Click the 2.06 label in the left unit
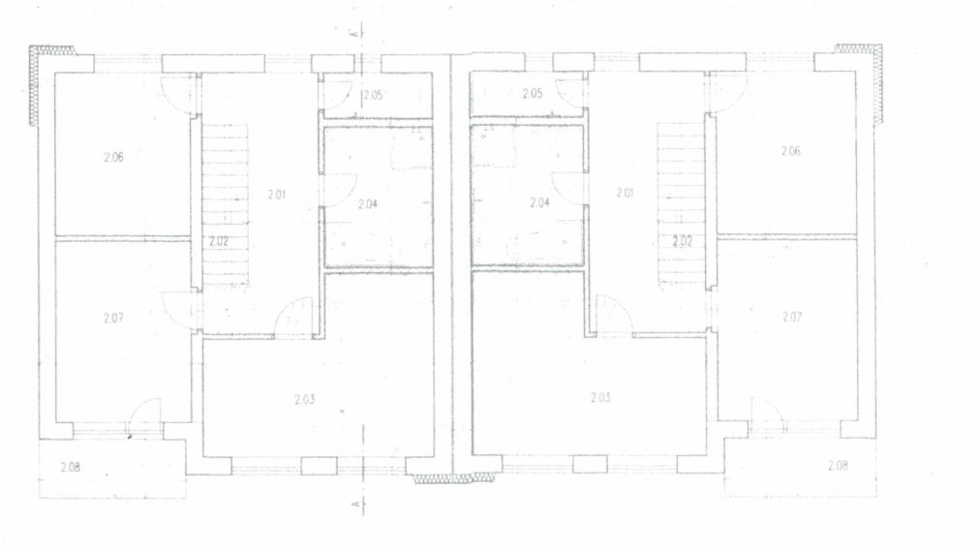[113, 157]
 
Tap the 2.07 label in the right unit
[792, 317]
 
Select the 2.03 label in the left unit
[305, 400]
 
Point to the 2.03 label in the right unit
[600, 397]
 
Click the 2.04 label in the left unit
[368, 203]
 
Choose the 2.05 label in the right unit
[532, 94]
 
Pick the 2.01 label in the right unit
[625, 193]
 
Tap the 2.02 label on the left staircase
[219, 242]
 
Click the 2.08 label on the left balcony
[71, 467]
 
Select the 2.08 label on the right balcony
[838, 465]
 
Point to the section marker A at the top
[356, 33]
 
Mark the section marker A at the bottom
[356, 504]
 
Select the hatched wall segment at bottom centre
[455, 478]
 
